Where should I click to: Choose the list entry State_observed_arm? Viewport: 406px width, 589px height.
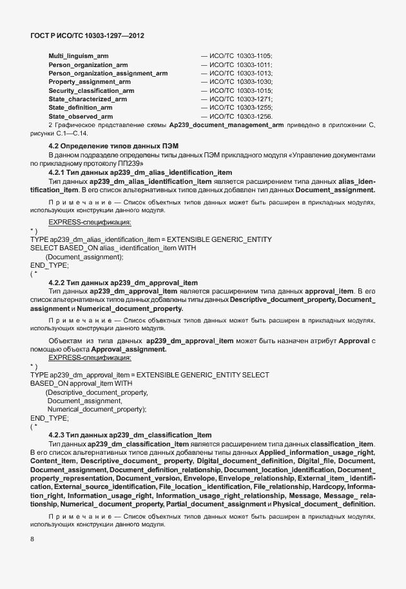(81, 117)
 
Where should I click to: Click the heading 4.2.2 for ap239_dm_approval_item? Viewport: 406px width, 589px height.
(123, 283)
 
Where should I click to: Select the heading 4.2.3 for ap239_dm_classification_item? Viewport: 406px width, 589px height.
(130, 434)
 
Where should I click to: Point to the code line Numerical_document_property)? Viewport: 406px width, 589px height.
(97, 409)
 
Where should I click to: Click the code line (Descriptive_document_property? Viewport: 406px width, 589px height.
(97, 392)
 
